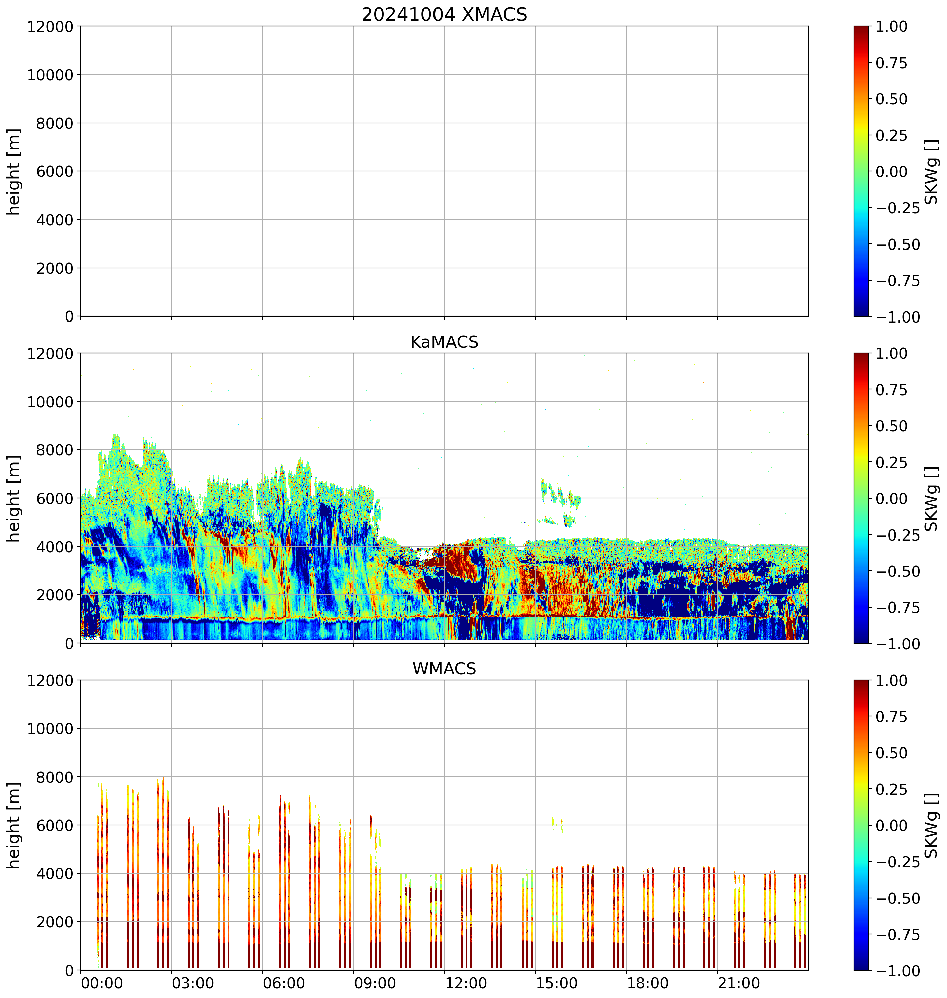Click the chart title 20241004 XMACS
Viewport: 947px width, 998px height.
(x=444, y=15)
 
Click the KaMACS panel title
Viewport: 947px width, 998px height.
(x=444, y=342)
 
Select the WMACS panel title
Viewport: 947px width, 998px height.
(x=444, y=669)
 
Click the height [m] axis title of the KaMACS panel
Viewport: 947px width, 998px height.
(x=14, y=498)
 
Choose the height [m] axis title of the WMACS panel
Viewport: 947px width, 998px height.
(x=14, y=825)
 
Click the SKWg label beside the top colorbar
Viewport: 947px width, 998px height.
(x=931, y=172)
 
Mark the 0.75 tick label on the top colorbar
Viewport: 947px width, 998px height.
(x=891, y=63)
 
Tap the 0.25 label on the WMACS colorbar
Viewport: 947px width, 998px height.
(x=891, y=789)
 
